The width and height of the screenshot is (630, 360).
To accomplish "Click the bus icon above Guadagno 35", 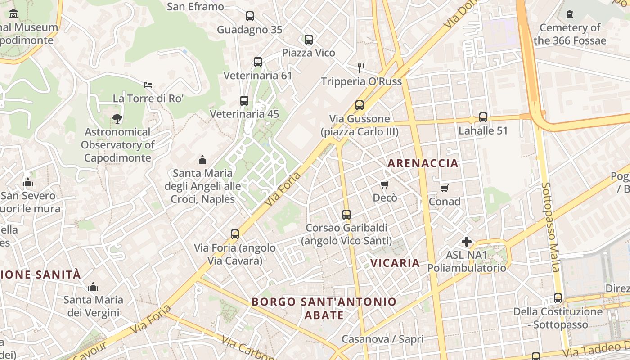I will coord(250,16).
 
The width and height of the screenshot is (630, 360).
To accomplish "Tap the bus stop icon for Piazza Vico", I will coord(308,39).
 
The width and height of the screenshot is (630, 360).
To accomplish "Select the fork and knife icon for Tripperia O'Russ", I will coord(361,68).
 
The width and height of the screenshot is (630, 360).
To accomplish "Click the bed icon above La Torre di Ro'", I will coord(148,85).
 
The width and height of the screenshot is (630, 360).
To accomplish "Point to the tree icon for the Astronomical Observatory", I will coord(117,119).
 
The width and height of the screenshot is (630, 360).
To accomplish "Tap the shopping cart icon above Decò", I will coord(384,184).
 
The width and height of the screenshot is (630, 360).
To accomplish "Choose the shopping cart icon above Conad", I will coord(444,188).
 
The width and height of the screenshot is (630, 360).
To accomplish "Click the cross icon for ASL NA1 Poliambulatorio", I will coord(467,242).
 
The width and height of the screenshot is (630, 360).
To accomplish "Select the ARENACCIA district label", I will coord(423,163).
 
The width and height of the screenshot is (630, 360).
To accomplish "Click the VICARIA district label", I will coord(395,263).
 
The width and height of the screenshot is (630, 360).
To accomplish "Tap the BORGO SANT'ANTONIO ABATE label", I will coord(324,308).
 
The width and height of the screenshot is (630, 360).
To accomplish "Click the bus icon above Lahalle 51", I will coord(483,117).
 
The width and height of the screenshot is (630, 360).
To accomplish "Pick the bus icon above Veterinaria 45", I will coord(244,101).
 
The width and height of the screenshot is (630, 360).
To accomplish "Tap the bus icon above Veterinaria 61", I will coord(258,62).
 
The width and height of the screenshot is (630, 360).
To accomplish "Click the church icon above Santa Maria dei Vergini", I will coord(93,287).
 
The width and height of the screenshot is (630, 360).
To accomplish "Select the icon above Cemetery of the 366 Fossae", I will coord(570,14).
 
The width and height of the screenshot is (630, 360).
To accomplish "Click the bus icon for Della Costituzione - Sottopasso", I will coord(558,298).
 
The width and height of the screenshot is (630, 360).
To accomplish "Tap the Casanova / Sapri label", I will coord(382,339).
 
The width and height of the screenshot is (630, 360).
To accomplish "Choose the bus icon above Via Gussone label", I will coord(359,105).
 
